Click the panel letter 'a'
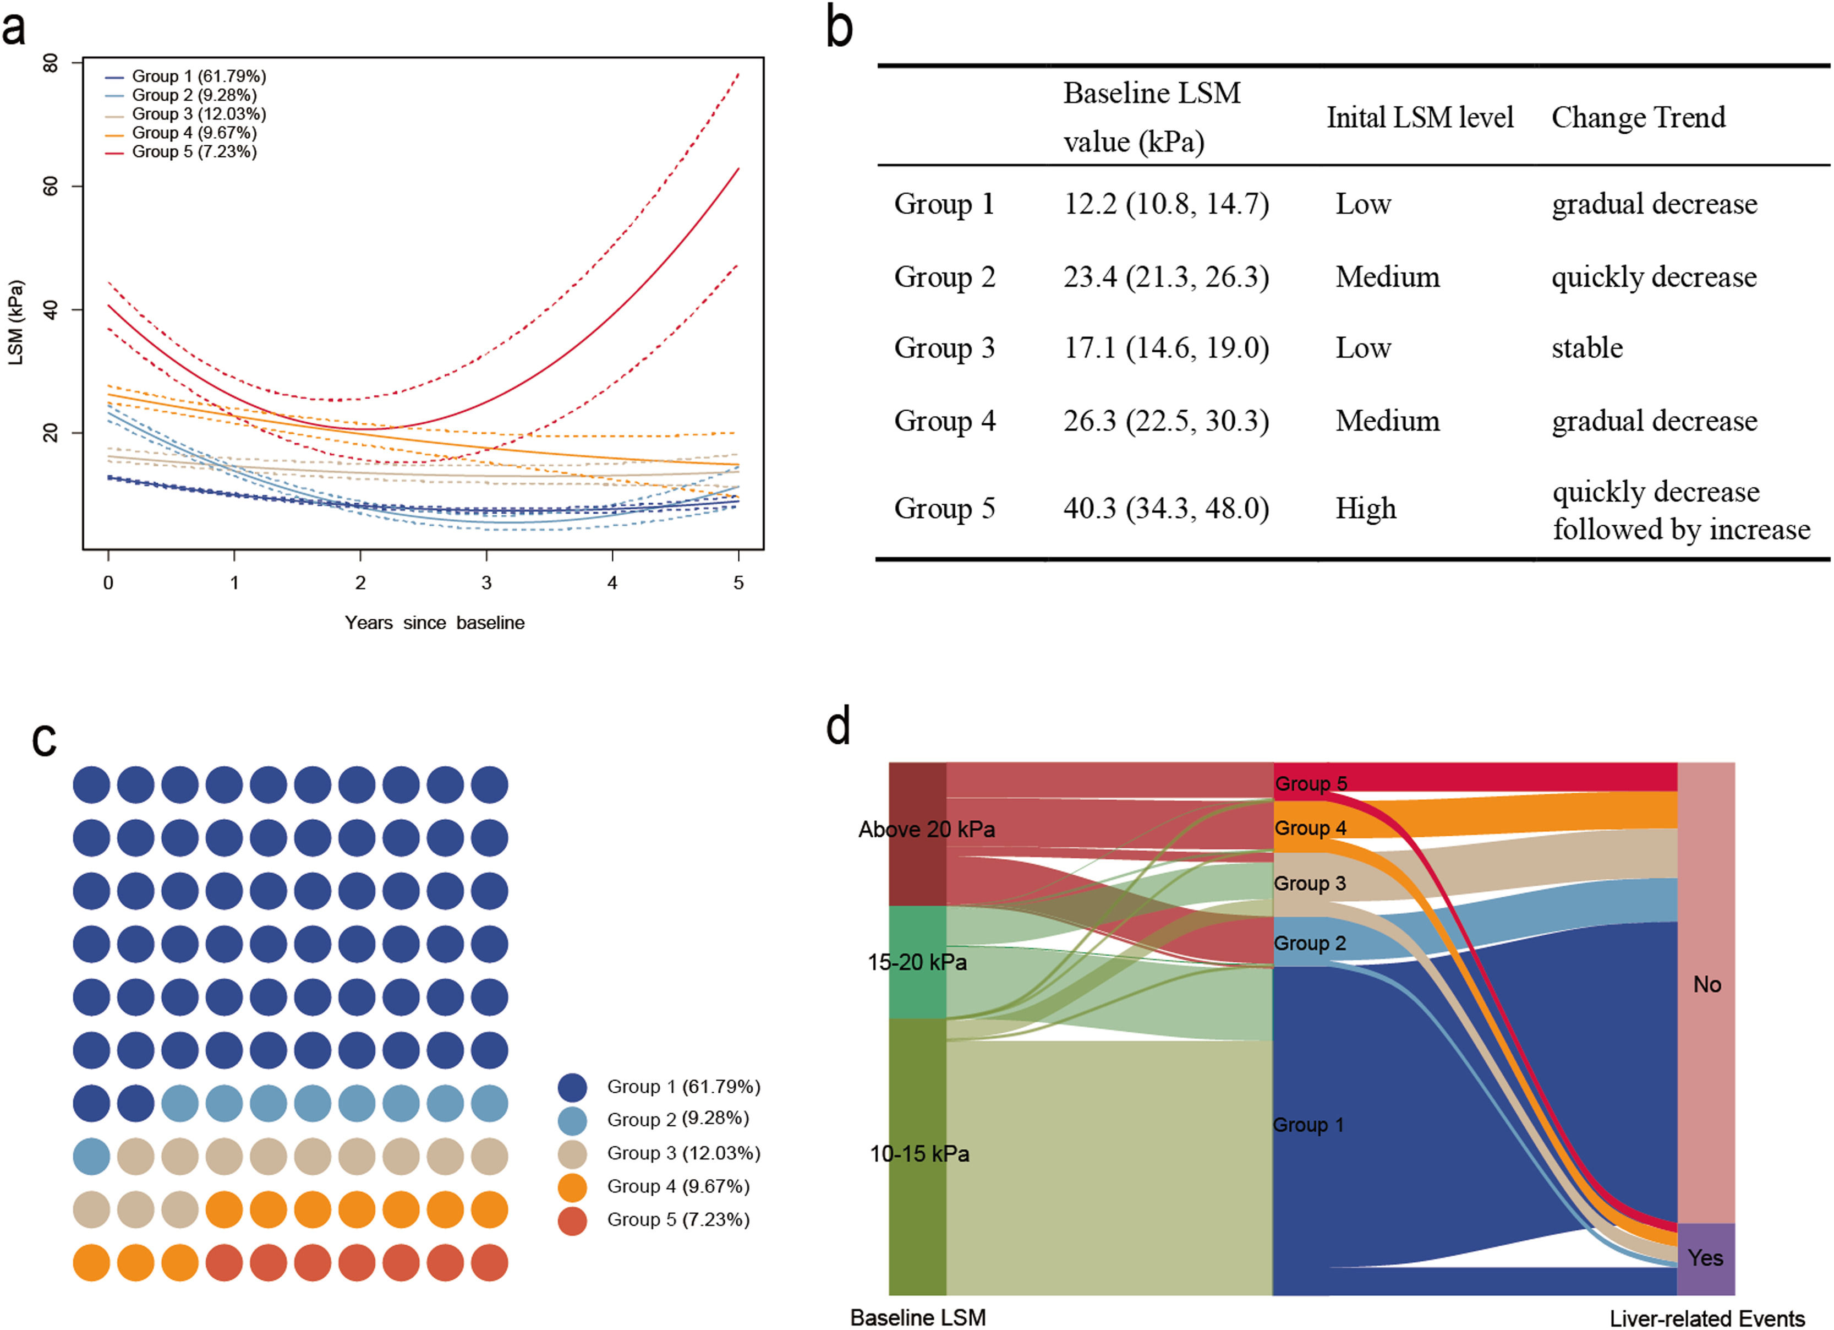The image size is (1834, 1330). point(14,29)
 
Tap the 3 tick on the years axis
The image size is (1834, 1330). point(486,582)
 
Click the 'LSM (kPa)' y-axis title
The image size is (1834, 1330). point(16,323)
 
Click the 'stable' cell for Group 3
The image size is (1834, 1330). point(1586,348)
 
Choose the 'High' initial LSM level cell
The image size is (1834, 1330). point(1365,508)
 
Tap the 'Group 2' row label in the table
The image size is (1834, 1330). point(944,277)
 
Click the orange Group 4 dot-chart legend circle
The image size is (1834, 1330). point(572,1187)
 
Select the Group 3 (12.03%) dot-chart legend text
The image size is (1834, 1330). point(683,1153)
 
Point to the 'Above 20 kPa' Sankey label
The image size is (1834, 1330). point(926,829)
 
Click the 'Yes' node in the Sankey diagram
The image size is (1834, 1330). point(1705,1258)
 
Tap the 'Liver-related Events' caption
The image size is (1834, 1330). point(1706,1318)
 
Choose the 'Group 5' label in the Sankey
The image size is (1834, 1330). point(1310,783)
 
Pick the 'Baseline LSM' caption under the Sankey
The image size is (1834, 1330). point(918,1318)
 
